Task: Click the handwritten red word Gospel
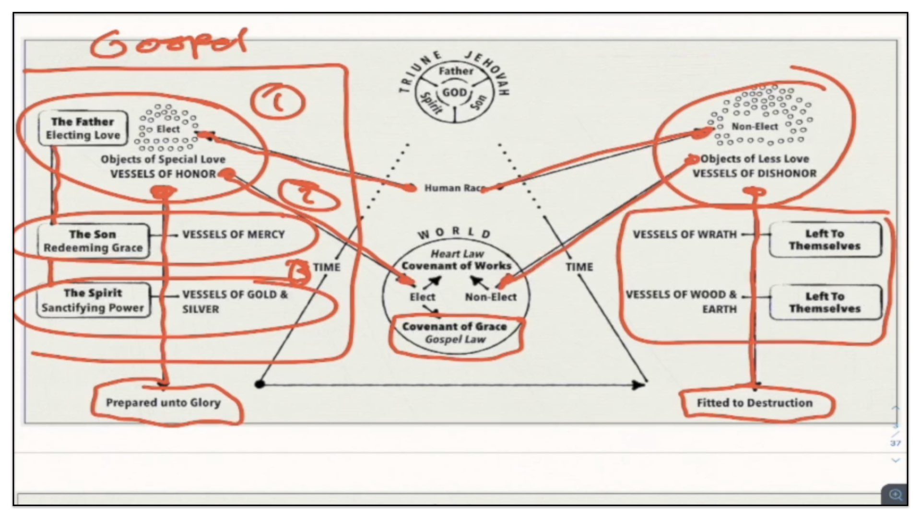point(168,43)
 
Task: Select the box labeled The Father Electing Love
point(83,128)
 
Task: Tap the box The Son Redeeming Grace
point(93,241)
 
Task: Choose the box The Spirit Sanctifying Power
point(93,300)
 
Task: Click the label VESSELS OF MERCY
point(233,235)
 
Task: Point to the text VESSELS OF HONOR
point(163,174)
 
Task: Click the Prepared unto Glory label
point(163,403)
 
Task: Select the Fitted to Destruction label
point(755,403)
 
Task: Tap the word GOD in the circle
point(454,92)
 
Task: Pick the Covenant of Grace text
point(454,327)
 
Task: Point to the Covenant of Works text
point(456,266)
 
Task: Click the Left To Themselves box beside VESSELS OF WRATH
point(825,240)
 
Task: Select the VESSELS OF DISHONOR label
point(754,174)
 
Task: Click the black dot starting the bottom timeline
point(260,384)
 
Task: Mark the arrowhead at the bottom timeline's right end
point(640,384)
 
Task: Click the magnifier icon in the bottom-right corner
point(895,494)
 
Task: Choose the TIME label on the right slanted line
point(579,267)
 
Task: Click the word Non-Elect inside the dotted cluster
point(755,127)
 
